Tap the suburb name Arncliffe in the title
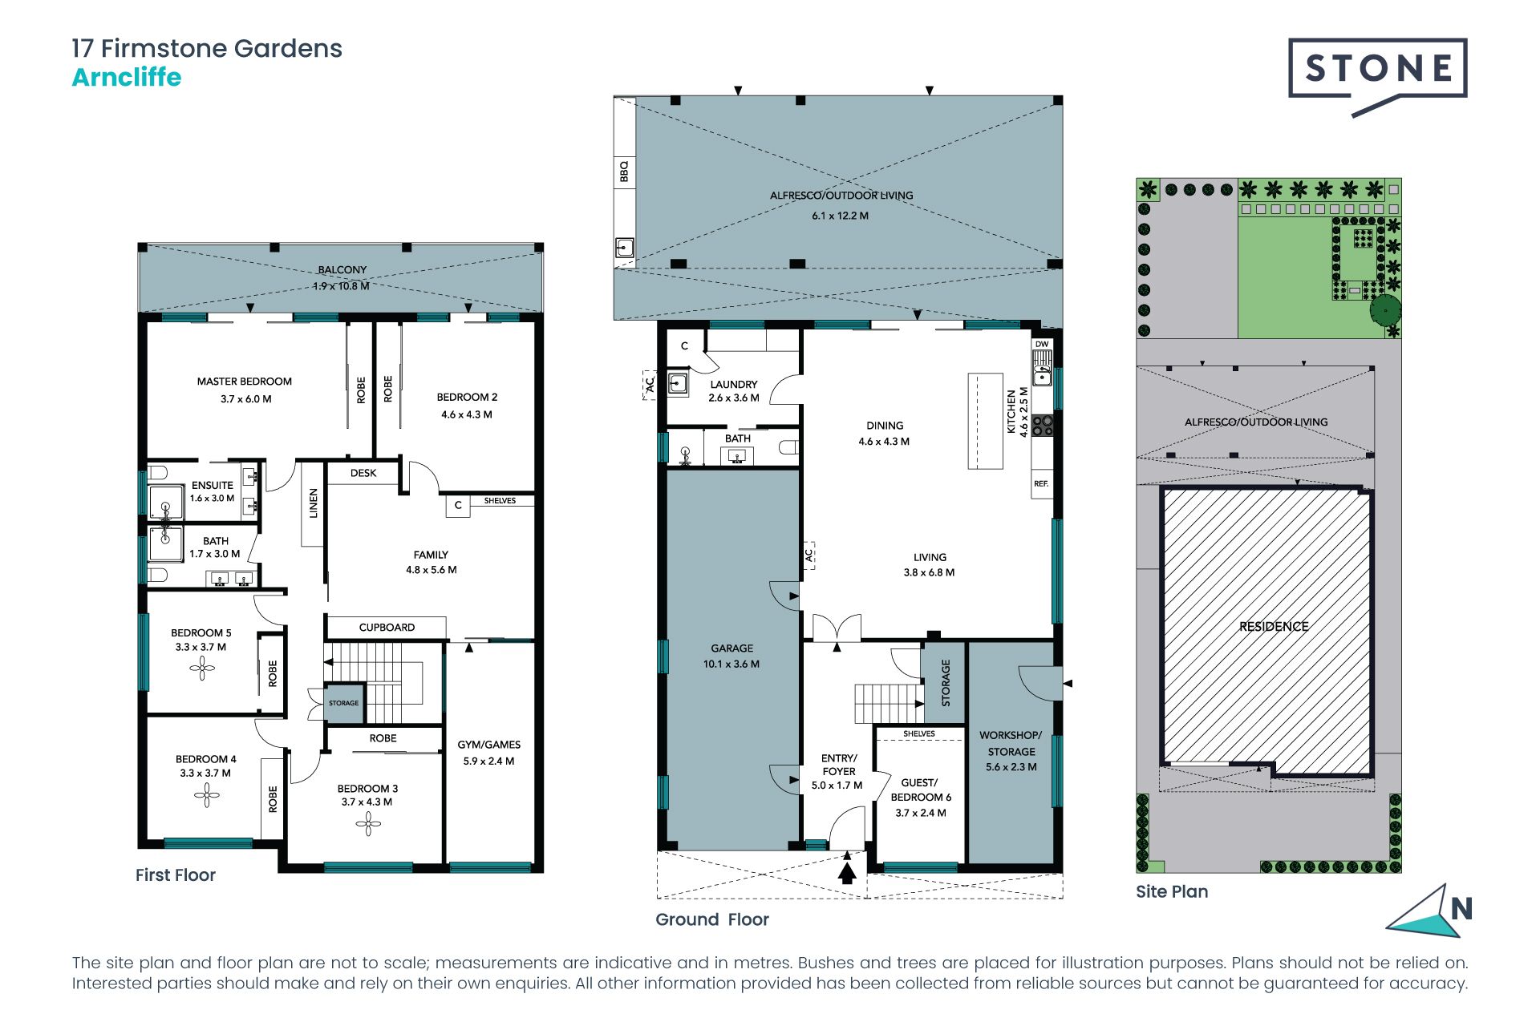point(127,78)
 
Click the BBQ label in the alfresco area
point(624,171)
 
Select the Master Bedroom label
point(245,382)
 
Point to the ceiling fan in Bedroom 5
point(201,668)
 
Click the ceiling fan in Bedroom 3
point(368,823)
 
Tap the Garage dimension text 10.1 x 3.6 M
point(731,664)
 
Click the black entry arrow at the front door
point(847,869)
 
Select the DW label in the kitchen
point(1042,344)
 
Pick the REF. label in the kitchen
point(1041,483)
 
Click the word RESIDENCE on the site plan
point(1274,626)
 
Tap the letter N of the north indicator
point(1461,909)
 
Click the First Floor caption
point(176,875)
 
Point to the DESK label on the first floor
point(363,473)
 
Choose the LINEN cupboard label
point(314,503)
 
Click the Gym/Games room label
point(489,745)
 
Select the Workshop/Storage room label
point(1011,743)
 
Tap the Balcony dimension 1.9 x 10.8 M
point(342,286)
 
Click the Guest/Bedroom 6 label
point(920,790)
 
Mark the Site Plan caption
point(1172,891)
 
